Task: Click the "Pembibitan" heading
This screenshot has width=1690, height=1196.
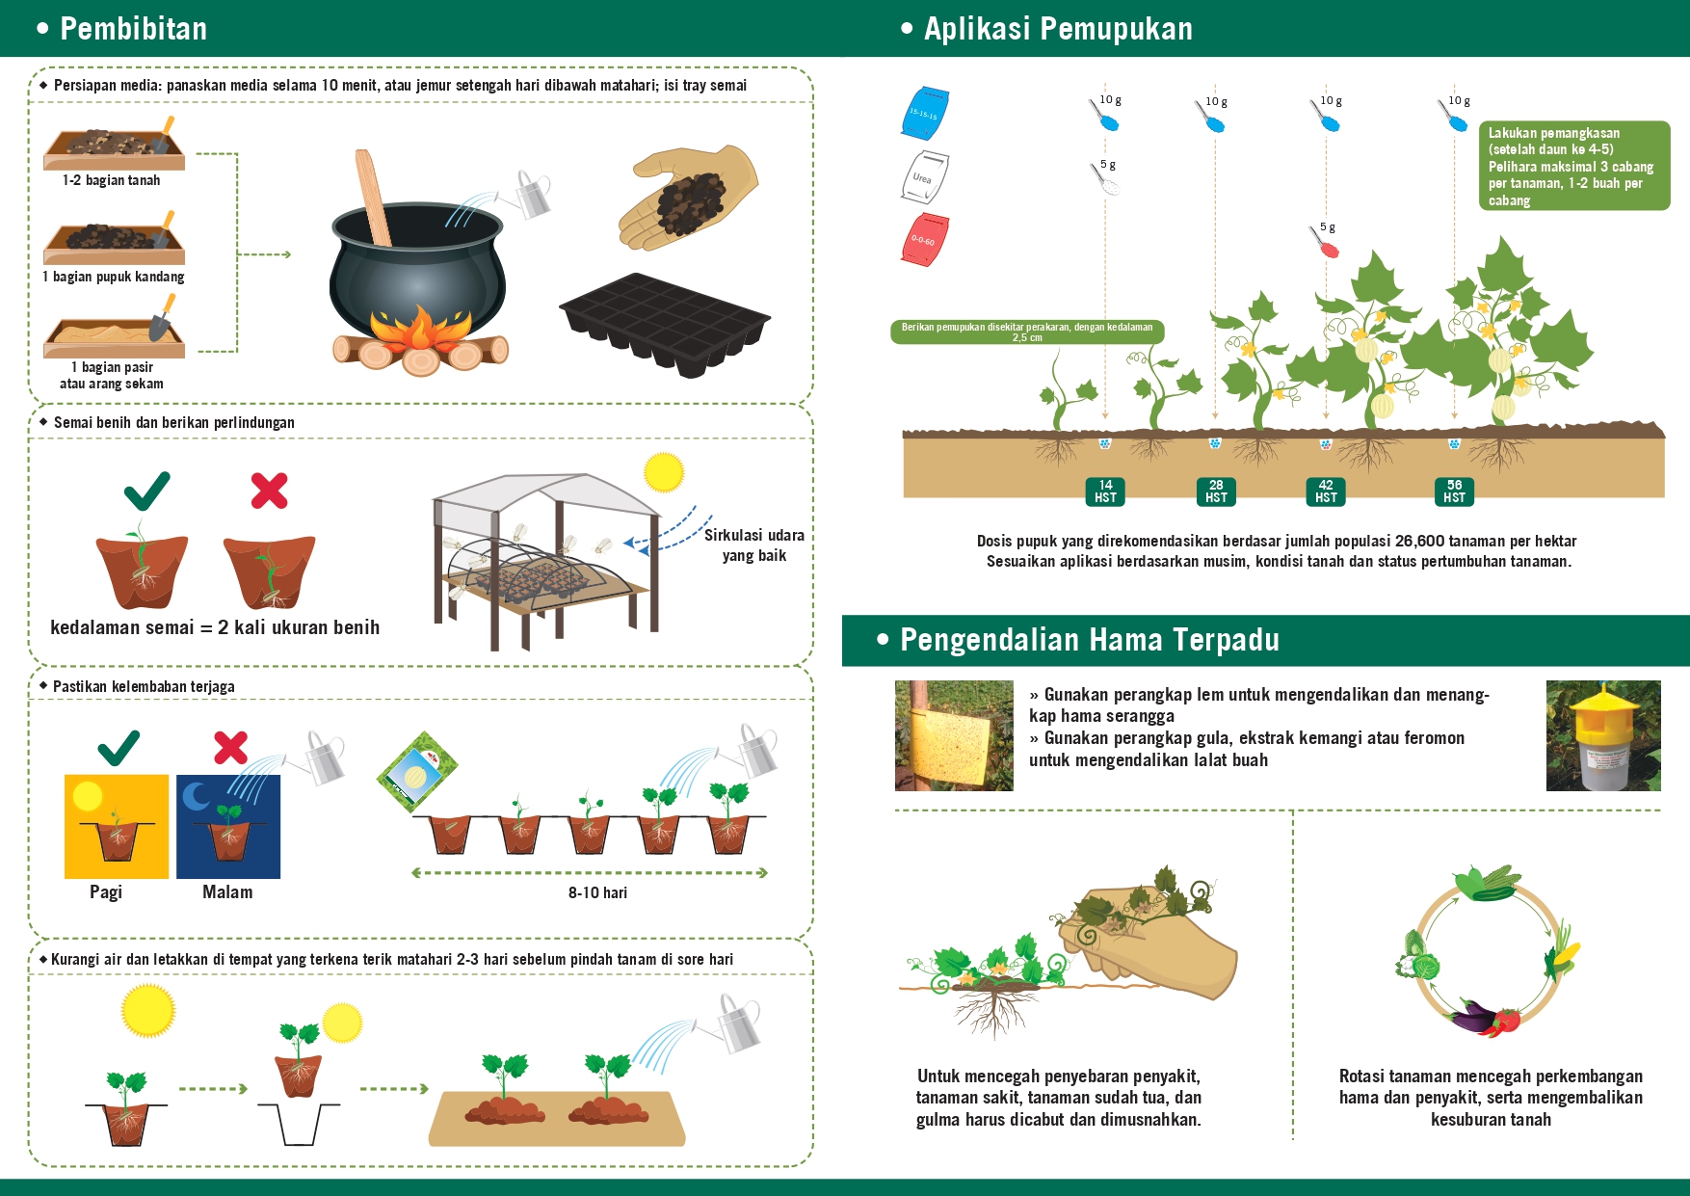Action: pyautogui.click(x=134, y=29)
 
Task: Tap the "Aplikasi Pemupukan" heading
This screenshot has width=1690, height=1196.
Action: pyautogui.click(x=1058, y=29)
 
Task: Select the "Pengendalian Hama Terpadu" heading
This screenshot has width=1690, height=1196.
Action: pyautogui.click(x=1090, y=640)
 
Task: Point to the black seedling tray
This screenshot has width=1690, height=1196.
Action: pyautogui.click(x=665, y=324)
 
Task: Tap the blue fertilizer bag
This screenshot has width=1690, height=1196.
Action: pyautogui.click(x=926, y=111)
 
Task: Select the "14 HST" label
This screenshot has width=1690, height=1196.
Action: pyautogui.click(x=1105, y=492)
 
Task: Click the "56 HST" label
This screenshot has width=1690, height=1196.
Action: pyautogui.click(x=1454, y=492)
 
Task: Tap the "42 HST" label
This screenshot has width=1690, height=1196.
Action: pyautogui.click(x=1326, y=492)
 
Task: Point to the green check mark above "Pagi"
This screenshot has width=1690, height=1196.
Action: pyautogui.click(x=119, y=748)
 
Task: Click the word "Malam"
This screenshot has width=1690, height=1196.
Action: pyautogui.click(x=227, y=892)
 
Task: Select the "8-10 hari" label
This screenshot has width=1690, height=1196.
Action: pyautogui.click(x=597, y=893)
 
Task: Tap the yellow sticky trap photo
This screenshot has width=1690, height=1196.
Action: pyautogui.click(x=954, y=735)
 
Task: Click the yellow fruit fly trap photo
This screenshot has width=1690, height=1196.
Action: pyautogui.click(x=1603, y=735)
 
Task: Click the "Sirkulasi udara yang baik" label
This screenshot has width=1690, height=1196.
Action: pyautogui.click(x=753, y=545)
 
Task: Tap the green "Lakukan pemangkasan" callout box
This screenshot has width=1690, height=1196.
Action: pyautogui.click(x=1574, y=166)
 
